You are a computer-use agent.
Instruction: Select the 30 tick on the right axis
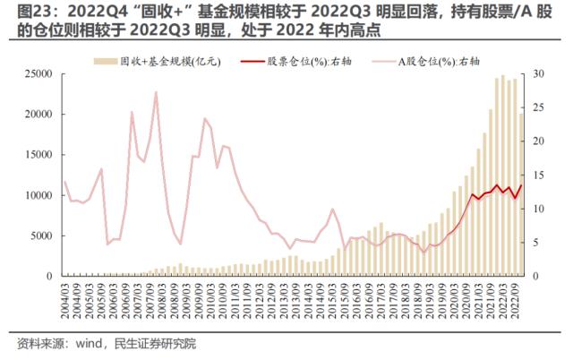click(536, 74)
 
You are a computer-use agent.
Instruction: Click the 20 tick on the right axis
click(536, 141)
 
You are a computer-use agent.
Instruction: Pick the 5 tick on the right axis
click(534, 243)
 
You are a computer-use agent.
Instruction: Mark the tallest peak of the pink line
click(156, 92)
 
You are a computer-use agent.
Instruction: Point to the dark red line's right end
click(521, 185)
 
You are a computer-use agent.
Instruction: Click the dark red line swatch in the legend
click(253, 62)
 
